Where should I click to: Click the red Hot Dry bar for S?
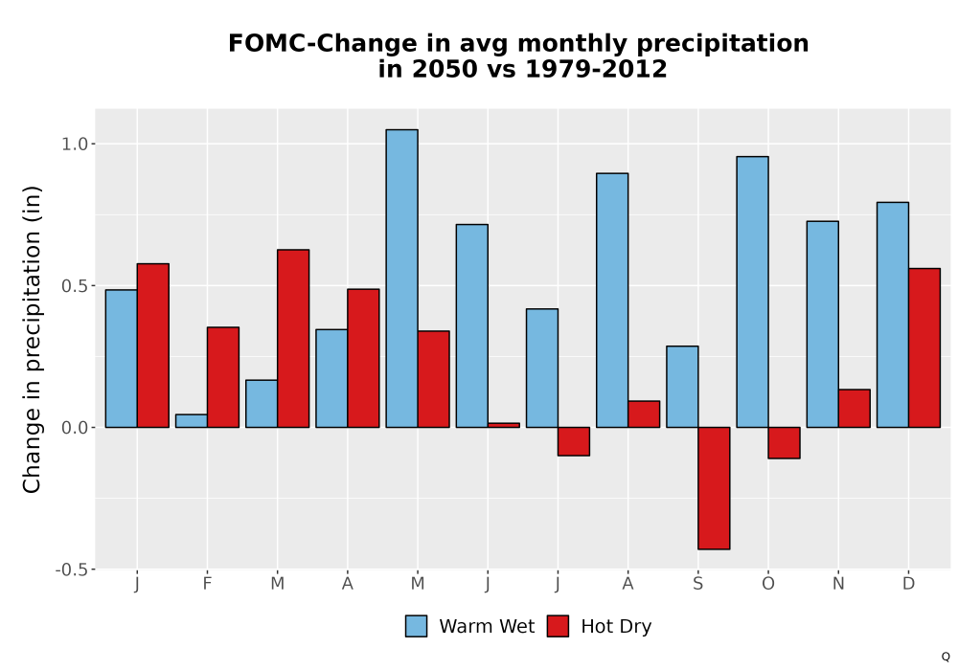(x=714, y=488)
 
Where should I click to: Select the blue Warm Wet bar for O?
(x=752, y=292)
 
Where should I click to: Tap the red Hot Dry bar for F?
(x=223, y=377)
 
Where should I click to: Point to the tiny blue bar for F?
(x=192, y=421)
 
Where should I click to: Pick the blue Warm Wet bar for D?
(x=893, y=315)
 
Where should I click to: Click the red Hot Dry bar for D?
(x=924, y=347)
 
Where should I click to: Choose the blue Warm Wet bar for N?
(x=822, y=324)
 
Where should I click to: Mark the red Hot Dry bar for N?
(x=855, y=409)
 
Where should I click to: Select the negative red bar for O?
(x=784, y=443)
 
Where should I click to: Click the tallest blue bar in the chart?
(x=402, y=279)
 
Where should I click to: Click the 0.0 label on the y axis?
(x=75, y=428)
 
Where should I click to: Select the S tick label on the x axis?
(x=697, y=584)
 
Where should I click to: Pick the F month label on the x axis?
(x=207, y=584)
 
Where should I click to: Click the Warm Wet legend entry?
(x=469, y=627)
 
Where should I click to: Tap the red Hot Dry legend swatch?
(x=558, y=627)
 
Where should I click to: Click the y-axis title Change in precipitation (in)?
(x=32, y=339)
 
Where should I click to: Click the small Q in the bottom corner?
(x=946, y=657)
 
